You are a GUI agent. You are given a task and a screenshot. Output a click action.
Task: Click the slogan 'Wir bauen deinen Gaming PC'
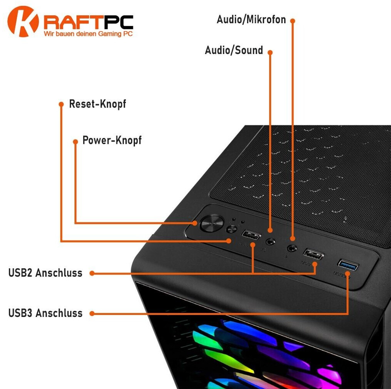pyautogui.click(x=88, y=34)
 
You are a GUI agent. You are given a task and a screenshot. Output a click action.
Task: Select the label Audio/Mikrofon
pyautogui.click(x=251, y=19)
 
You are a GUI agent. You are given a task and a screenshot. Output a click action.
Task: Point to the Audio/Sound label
pyautogui.click(x=234, y=50)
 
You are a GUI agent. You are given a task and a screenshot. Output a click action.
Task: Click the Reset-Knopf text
pyautogui.click(x=97, y=104)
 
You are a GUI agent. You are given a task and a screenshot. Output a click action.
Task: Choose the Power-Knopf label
pyautogui.click(x=112, y=140)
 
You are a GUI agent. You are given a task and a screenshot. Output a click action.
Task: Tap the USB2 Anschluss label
pyautogui.click(x=45, y=273)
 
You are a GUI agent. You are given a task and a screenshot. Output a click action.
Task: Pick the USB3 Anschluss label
pyautogui.click(x=45, y=313)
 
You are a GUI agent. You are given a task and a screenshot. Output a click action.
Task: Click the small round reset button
pyautogui.click(x=231, y=229)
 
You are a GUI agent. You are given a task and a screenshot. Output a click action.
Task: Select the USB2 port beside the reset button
pyautogui.click(x=251, y=235)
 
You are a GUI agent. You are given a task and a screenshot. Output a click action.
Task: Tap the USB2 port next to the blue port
pyautogui.click(x=313, y=254)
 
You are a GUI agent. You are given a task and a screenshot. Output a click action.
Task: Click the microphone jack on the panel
pyautogui.click(x=292, y=248)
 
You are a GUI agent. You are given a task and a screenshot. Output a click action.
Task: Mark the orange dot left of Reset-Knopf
pyautogui.click(x=61, y=104)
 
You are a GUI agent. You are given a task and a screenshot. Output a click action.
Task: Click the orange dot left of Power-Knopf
pyautogui.click(x=76, y=142)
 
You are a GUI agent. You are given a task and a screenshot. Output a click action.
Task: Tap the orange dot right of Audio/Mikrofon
pyautogui.click(x=293, y=20)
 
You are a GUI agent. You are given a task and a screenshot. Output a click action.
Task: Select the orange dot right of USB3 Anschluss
pyautogui.click(x=92, y=313)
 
